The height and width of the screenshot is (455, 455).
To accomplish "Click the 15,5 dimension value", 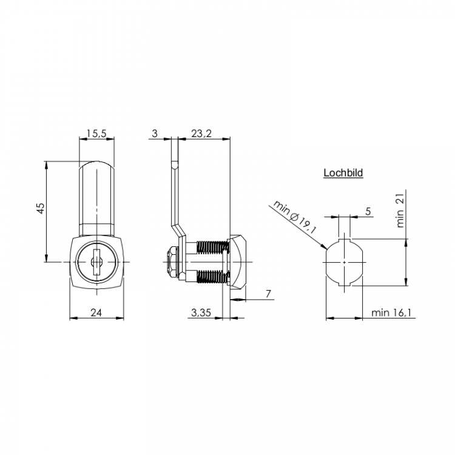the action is (x=97, y=133).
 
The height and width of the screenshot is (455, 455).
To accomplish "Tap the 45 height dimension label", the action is (x=42, y=208).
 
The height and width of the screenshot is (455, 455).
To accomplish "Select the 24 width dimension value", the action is (x=96, y=312).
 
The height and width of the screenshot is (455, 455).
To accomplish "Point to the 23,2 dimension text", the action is (x=201, y=133).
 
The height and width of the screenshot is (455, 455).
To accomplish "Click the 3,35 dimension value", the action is (x=201, y=312).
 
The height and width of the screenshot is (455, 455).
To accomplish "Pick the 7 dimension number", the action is (x=268, y=294).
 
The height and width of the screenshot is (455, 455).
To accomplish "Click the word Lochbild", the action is (x=343, y=173).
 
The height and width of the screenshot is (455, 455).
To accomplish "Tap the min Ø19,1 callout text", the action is (x=294, y=217).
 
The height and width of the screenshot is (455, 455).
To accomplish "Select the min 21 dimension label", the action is (x=400, y=211).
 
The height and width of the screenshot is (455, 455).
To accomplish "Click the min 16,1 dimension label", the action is (x=391, y=312).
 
